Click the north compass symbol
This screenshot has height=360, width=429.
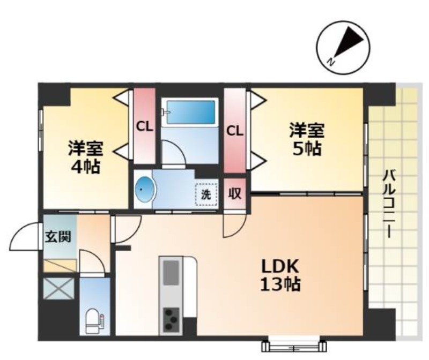(343, 48)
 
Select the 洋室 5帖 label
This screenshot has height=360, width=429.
(307, 139)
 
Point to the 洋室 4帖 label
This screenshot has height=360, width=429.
(86, 157)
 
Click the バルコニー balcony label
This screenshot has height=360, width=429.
(388, 204)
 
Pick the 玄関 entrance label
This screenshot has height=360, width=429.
(58, 236)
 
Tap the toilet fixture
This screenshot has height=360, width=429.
(93, 321)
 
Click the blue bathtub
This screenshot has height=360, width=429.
(191, 112)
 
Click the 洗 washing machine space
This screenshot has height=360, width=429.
(206, 194)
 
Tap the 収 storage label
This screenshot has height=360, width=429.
(235, 194)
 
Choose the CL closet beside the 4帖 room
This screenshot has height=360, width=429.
(144, 126)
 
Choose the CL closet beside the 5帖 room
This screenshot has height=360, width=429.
(235, 131)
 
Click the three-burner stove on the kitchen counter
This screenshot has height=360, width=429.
(171, 319)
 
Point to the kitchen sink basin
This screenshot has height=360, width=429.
(171, 273)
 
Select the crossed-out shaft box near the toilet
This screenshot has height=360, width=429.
(59, 288)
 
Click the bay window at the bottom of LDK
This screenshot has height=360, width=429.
(294, 346)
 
